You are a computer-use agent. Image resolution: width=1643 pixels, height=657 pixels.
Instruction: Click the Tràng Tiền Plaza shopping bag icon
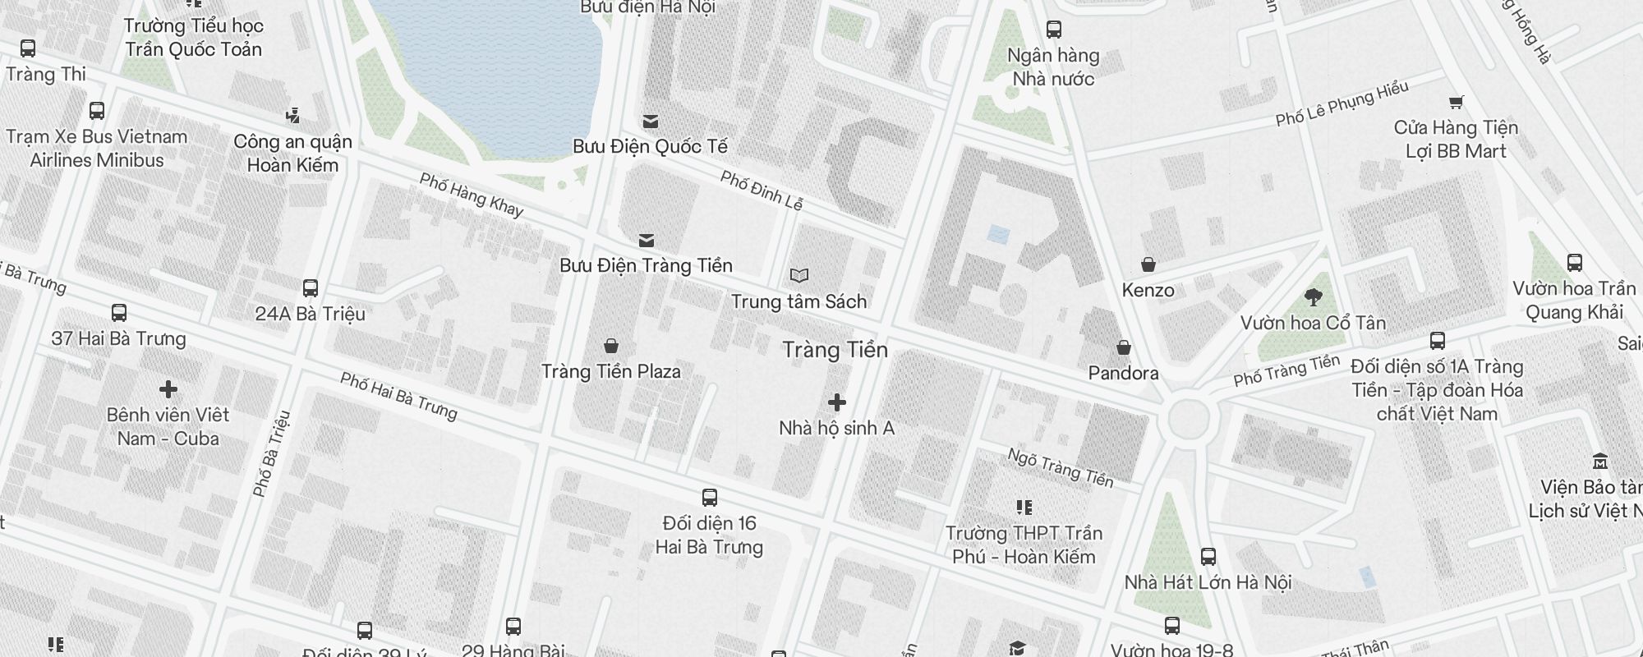(610, 346)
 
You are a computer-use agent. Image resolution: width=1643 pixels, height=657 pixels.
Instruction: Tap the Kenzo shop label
(1148, 290)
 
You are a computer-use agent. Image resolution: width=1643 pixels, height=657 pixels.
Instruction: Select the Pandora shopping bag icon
(1123, 347)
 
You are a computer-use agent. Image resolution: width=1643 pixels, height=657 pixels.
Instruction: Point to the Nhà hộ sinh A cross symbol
(836, 402)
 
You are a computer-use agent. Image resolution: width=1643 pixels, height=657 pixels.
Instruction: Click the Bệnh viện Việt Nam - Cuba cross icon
(168, 388)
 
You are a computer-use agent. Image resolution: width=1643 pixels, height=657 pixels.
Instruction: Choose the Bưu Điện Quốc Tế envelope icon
(650, 122)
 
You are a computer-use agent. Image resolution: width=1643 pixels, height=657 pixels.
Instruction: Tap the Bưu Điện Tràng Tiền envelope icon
(647, 241)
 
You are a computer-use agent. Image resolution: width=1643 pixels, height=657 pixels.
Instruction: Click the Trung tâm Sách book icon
(798, 276)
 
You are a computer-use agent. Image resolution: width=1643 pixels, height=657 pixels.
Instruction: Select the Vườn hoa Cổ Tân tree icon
(1313, 297)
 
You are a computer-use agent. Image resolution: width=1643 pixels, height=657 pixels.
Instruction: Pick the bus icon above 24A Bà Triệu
(310, 288)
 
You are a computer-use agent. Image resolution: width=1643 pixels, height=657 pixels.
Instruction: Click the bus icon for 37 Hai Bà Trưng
(118, 313)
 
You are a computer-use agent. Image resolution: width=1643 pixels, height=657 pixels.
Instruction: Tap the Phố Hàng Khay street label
(471, 195)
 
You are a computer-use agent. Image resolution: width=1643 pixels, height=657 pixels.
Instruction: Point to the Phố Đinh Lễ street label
(761, 190)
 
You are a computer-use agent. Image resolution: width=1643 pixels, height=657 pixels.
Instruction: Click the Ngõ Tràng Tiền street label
(1060, 467)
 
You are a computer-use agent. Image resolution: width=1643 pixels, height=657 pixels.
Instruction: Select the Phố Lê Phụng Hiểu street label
(1342, 104)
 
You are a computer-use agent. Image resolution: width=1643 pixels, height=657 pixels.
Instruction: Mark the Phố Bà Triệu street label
(272, 453)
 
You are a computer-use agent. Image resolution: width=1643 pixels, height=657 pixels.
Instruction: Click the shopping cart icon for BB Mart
(1456, 103)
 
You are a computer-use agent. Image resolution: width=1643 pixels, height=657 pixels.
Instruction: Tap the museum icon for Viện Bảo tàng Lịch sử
(1599, 461)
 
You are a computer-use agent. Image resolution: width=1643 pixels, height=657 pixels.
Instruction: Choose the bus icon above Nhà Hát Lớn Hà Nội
(1208, 557)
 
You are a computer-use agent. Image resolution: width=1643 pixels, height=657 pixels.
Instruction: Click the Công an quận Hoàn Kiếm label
(292, 153)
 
